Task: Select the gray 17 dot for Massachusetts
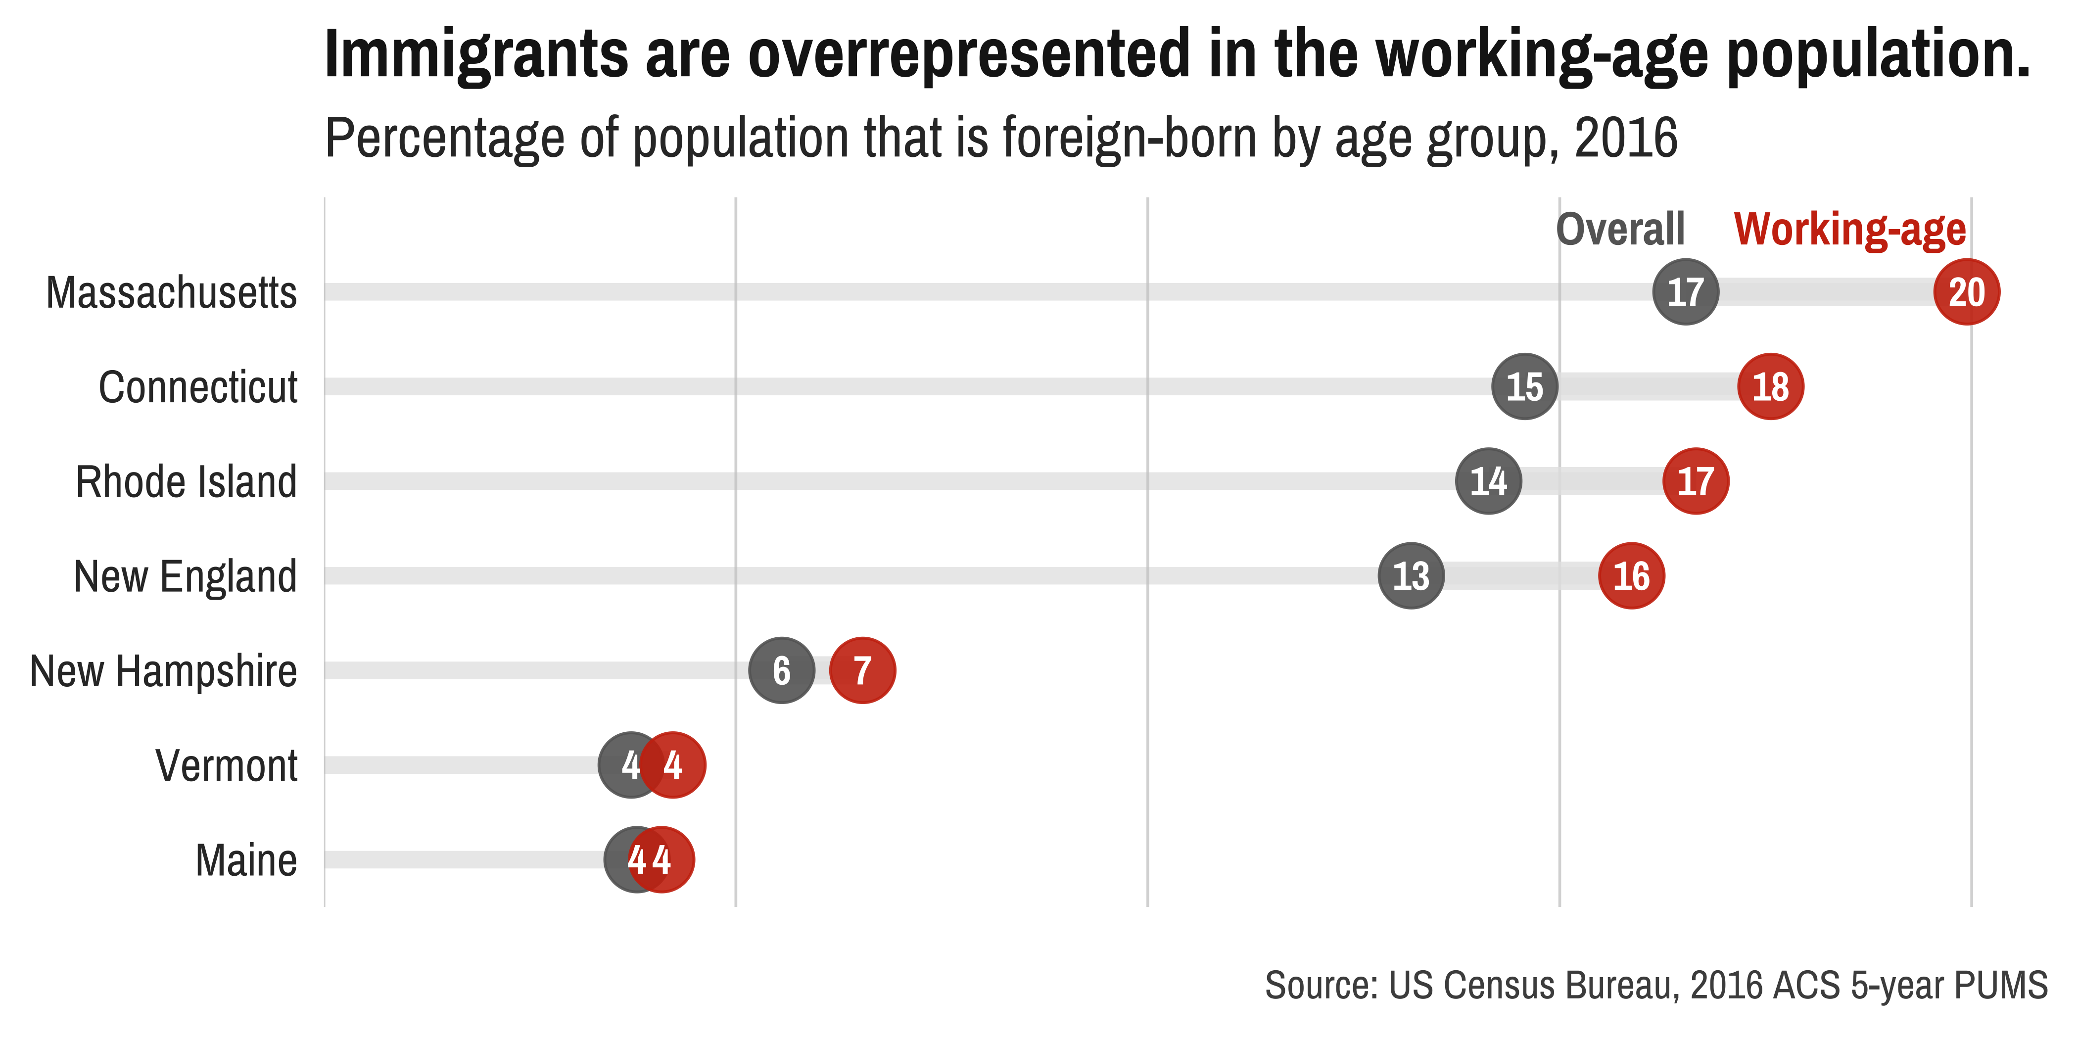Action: click(1685, 292)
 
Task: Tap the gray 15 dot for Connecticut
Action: click(1524, 386)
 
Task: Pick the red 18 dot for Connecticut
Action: click(1770, 386)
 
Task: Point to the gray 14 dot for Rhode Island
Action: click(1488, 481)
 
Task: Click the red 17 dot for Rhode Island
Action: click(1695, 481)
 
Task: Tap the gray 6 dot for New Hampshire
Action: click(781, 670)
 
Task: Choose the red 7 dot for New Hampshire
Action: click(862, 670)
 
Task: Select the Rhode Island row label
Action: click(187, 481)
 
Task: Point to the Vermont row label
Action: click(227, 765)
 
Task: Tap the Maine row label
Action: click(246, 860)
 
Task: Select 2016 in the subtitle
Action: click(1625, 138)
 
